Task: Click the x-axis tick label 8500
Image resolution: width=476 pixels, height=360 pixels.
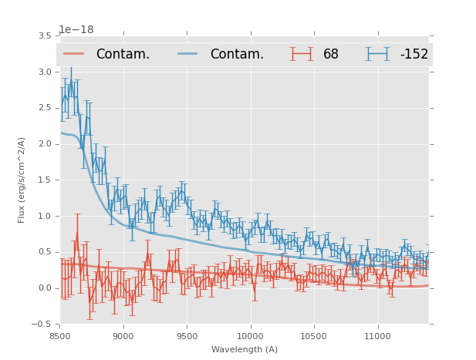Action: coord(60,336)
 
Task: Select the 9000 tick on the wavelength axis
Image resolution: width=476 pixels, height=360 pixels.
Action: coord(123,336)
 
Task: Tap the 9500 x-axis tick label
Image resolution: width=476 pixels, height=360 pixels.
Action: coord(187,336)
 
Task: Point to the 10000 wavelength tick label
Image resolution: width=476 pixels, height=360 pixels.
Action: coord(250,336)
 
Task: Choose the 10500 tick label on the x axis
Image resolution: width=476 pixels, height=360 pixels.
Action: coord(314,336)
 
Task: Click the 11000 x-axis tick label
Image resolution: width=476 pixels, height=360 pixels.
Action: coord(377,336)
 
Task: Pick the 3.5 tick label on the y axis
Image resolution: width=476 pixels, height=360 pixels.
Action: coord(45,36)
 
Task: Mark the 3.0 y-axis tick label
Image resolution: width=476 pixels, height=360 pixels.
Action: coord(45,72)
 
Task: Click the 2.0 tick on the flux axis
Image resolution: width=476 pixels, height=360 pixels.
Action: coord(45,144)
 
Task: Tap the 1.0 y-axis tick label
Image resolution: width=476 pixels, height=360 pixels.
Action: coord(45,217)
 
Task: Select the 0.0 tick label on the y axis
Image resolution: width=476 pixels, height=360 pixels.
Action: coord(45,288)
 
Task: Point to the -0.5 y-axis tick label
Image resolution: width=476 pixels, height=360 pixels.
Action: coord(42,325)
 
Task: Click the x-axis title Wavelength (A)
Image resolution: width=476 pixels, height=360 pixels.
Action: coord(245,350)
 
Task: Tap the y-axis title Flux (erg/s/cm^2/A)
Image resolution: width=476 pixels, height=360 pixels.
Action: coord(22,180)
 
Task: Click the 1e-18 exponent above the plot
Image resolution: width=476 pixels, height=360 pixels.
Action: coord(76,30)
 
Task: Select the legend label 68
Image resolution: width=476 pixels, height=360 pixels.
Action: coord(331,55)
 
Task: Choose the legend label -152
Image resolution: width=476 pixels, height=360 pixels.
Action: coord(414,55)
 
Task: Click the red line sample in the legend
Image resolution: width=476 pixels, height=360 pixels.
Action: coord(74,54)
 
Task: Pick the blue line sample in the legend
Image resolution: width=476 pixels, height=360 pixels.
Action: coord(188,54)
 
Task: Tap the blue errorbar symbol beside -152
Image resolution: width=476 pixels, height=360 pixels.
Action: coord(378,54)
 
